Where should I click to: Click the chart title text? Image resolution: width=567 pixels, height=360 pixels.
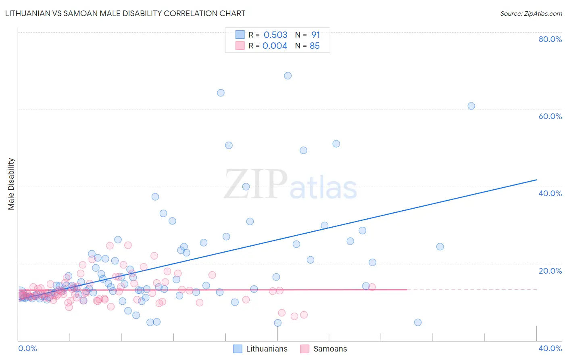125,14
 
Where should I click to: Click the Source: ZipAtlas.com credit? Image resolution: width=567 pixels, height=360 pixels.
531,14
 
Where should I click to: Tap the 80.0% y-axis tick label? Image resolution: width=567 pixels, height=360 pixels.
550,39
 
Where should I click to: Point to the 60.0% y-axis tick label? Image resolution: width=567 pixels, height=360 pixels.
550,116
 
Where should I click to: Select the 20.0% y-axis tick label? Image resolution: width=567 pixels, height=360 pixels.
550,271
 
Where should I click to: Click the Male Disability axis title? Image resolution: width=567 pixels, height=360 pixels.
11,184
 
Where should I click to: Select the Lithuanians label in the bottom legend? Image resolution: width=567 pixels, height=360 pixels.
267,349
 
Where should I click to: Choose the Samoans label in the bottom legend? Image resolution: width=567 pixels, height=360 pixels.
330,349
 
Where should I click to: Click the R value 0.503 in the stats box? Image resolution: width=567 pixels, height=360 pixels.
275,35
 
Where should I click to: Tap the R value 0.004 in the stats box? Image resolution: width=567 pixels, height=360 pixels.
275,46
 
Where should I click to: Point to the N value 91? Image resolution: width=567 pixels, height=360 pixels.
315,35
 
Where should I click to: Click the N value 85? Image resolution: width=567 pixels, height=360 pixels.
315,46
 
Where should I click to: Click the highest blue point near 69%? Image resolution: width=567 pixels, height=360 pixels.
288,75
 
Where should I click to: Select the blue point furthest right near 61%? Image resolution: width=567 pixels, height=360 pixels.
471,106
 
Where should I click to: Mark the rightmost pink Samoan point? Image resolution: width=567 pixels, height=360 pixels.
372,287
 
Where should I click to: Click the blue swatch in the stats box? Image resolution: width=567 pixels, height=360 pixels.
240,35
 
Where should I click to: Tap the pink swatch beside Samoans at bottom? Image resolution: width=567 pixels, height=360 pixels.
304,349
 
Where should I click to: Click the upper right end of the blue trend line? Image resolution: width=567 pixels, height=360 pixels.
536,180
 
